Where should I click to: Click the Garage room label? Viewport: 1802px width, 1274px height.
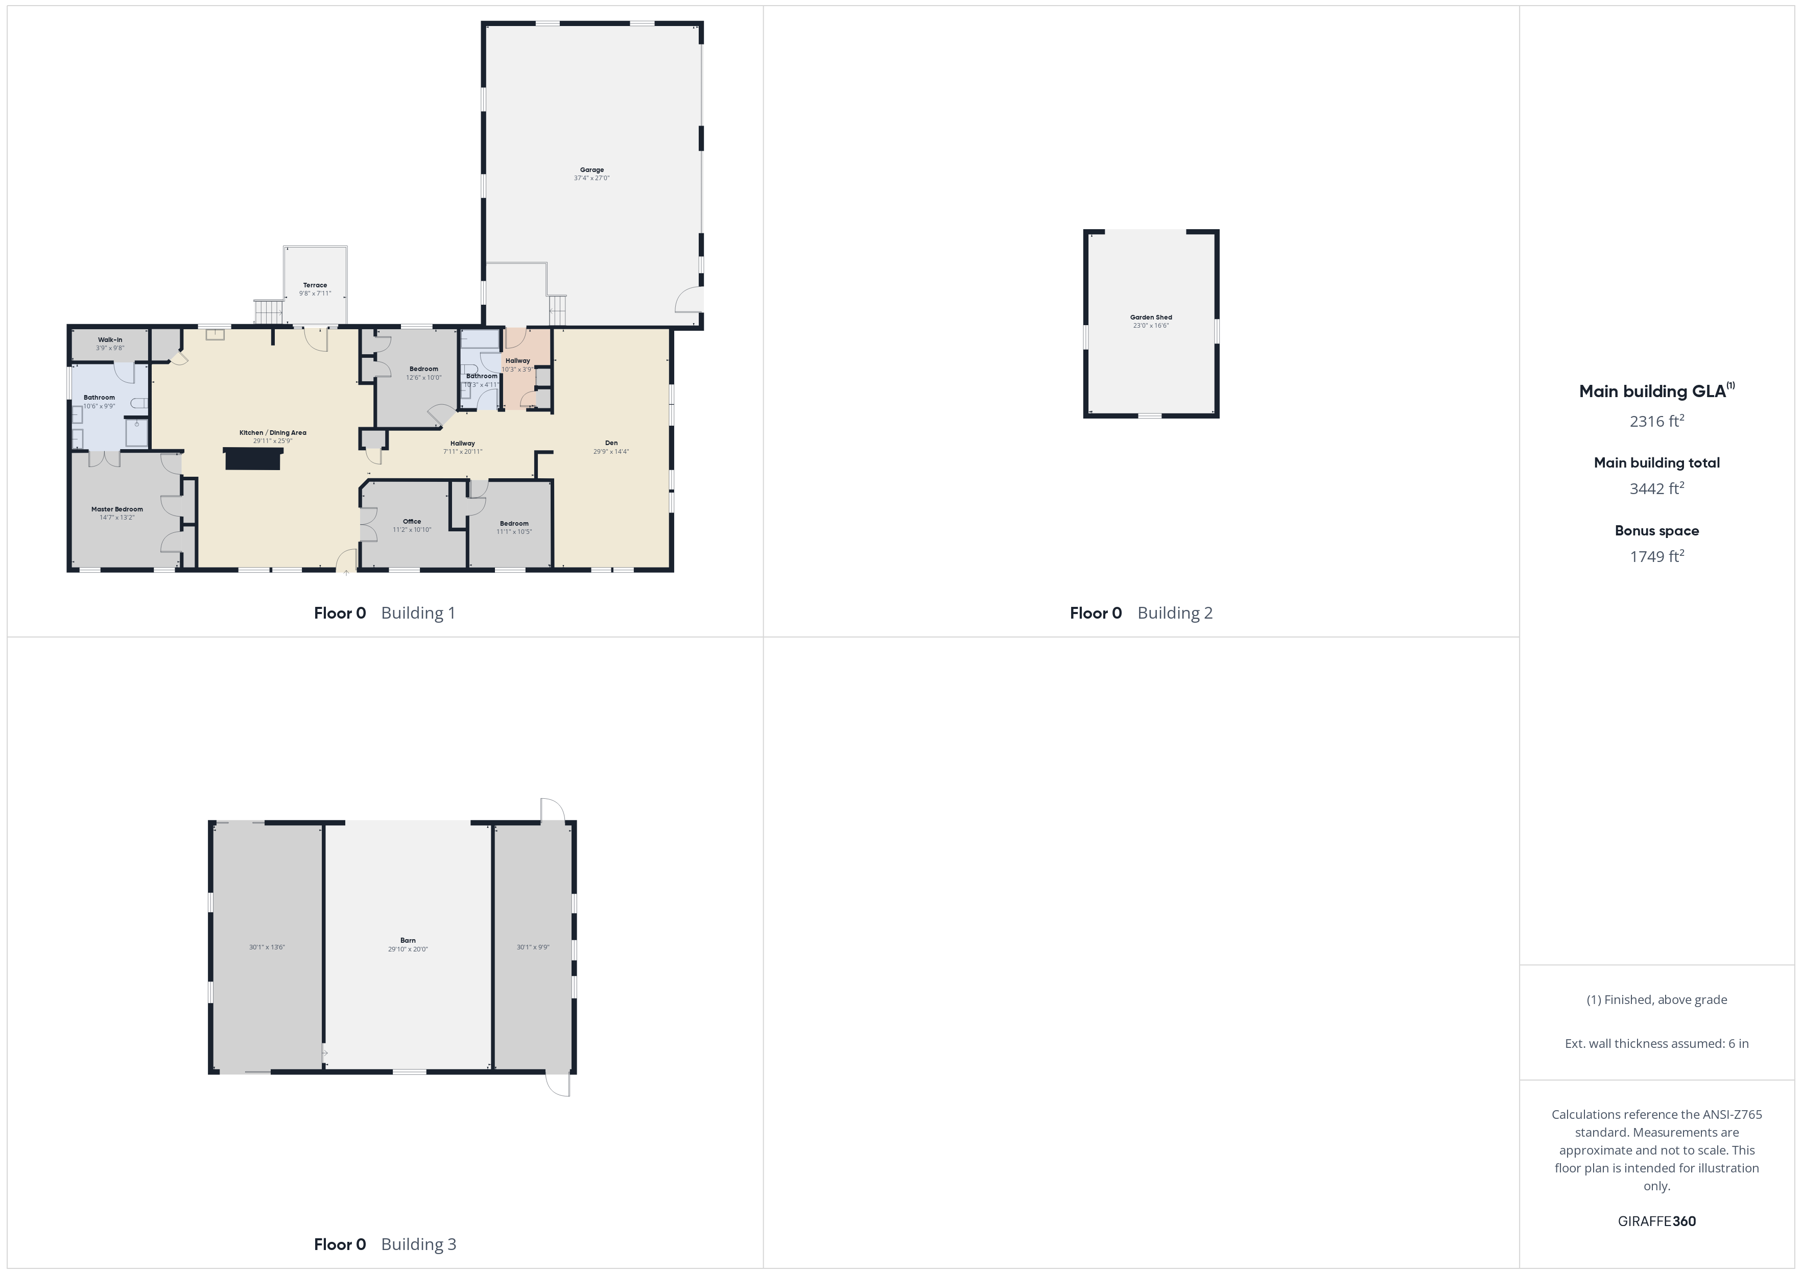click(592, 169)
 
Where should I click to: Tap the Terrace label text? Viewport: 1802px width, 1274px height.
click(315, 285)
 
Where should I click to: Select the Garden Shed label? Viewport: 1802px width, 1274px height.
click(1151, 317)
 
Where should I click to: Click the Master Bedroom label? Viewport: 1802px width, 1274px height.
click(117, 509)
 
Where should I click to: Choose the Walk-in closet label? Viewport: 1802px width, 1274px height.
click(110, 339)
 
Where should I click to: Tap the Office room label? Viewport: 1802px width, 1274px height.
click(412, 522)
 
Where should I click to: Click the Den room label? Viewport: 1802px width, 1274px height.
click(611, 443)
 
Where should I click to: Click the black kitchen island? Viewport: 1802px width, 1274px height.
click(253, 458)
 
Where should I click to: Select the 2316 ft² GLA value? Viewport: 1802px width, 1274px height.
click(1657, 421)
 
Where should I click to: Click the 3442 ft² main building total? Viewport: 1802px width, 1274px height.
click(1657, 488)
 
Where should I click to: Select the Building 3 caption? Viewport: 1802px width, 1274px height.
click(418, 1244)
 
